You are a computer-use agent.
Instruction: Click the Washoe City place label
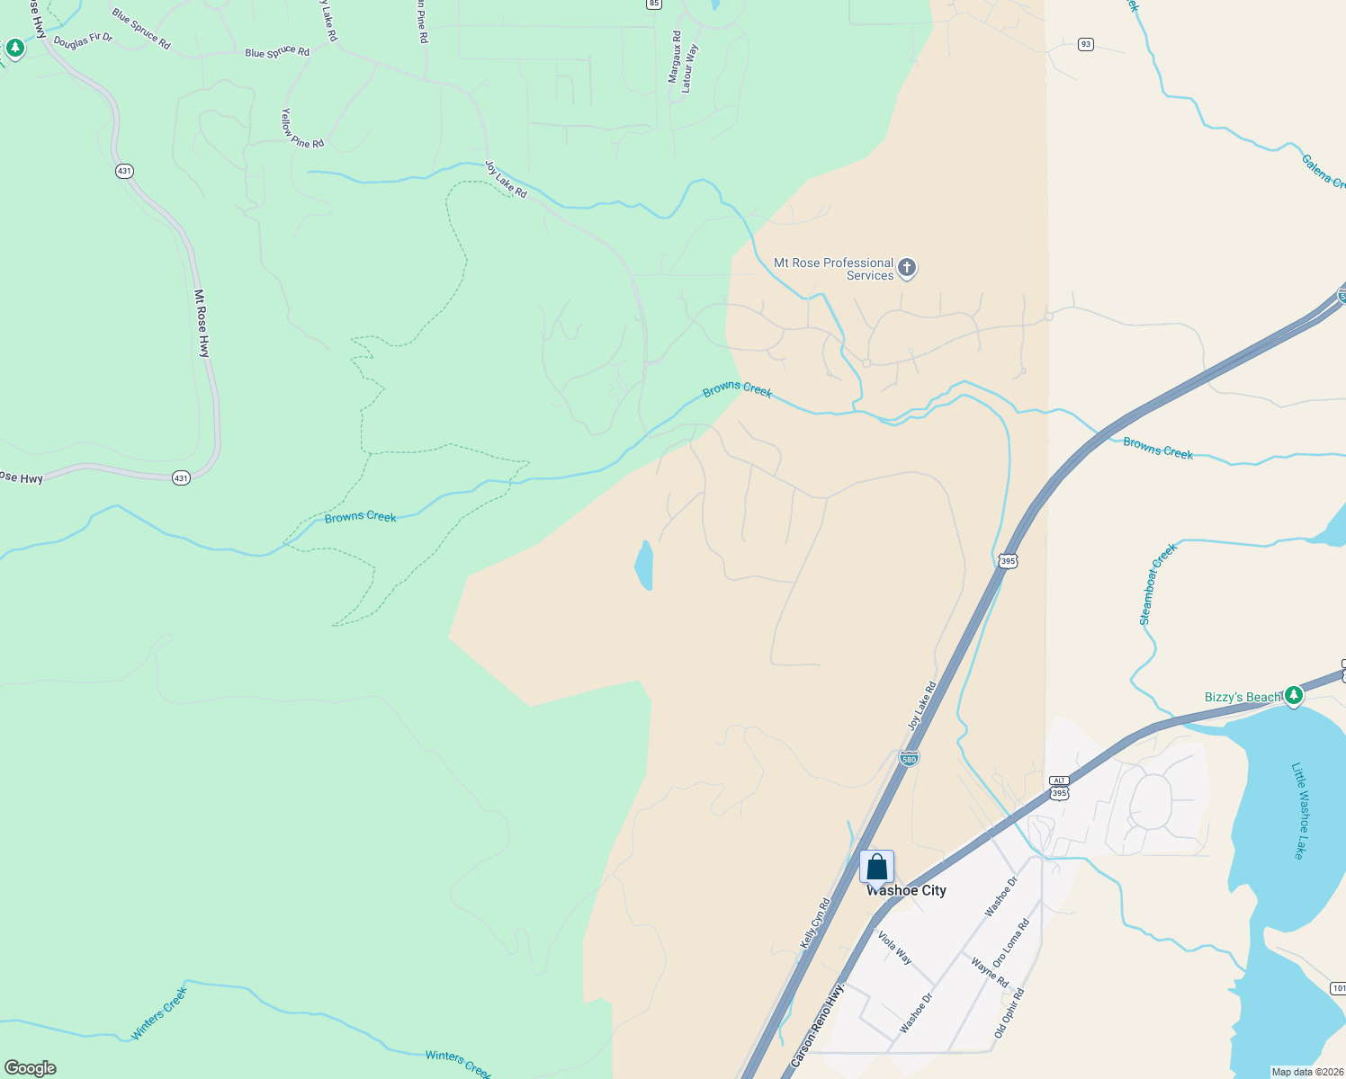(906, 890)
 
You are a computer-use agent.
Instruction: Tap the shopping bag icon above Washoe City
(877, 867)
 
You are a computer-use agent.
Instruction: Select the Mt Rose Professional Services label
(834, 269)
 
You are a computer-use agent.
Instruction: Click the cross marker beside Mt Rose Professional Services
(907, 267)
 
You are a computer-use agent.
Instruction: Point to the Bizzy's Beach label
(1243, 697)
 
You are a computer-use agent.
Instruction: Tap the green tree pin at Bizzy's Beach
(1293, 695)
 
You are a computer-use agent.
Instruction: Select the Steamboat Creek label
(1157, 584)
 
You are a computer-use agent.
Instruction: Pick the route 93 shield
(1086, 44)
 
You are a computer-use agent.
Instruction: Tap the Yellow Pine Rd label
(301, 129)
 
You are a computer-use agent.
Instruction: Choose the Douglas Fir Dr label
(83, 40)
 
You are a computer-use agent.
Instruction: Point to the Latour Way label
(689, 69)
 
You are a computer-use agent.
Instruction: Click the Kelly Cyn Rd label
(815, 923)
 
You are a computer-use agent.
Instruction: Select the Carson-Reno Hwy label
(818, 1026)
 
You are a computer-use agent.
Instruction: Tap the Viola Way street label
(894, 948)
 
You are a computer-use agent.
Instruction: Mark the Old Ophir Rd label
(1009, 1013)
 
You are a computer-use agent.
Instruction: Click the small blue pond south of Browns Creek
(644, 566)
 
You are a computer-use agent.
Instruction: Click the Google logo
(30, 1068)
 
